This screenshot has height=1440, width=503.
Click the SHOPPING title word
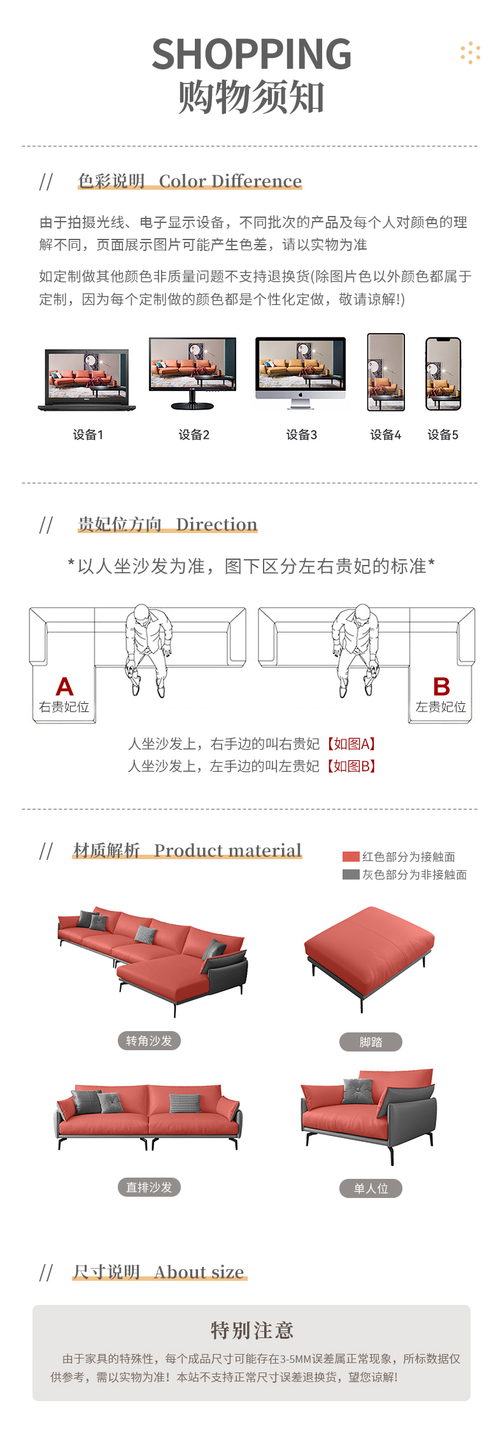tap(251, 54)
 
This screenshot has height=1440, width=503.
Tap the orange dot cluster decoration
tap(471, 53)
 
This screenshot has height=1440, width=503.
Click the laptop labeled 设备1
tap(87, 380)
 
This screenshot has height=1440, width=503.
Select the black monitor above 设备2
tap(193, 373)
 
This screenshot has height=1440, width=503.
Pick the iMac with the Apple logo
tap(301, 373)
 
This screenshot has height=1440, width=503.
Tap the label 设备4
tap(386, 435)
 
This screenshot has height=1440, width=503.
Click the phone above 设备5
tap(443, 374)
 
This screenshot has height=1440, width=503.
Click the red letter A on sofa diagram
tap(64, 687)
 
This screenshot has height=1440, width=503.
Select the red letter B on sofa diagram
tap(441, 687)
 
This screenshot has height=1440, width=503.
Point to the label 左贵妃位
tap(441, 707)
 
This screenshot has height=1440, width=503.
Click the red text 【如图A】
tap(351, 744)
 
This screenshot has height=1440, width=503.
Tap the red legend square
tap(351, 857)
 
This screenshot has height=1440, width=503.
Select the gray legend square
tap(351, 874)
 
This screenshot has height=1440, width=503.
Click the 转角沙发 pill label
tap(149, 1041)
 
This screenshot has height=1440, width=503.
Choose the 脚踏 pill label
tap(371, 1042)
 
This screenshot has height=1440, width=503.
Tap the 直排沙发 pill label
tap(149, 1187)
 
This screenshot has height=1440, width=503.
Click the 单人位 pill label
tap(371, 1188)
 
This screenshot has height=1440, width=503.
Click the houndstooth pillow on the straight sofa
tap(185, 1103)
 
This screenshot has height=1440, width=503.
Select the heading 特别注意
tap(251, 1330)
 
